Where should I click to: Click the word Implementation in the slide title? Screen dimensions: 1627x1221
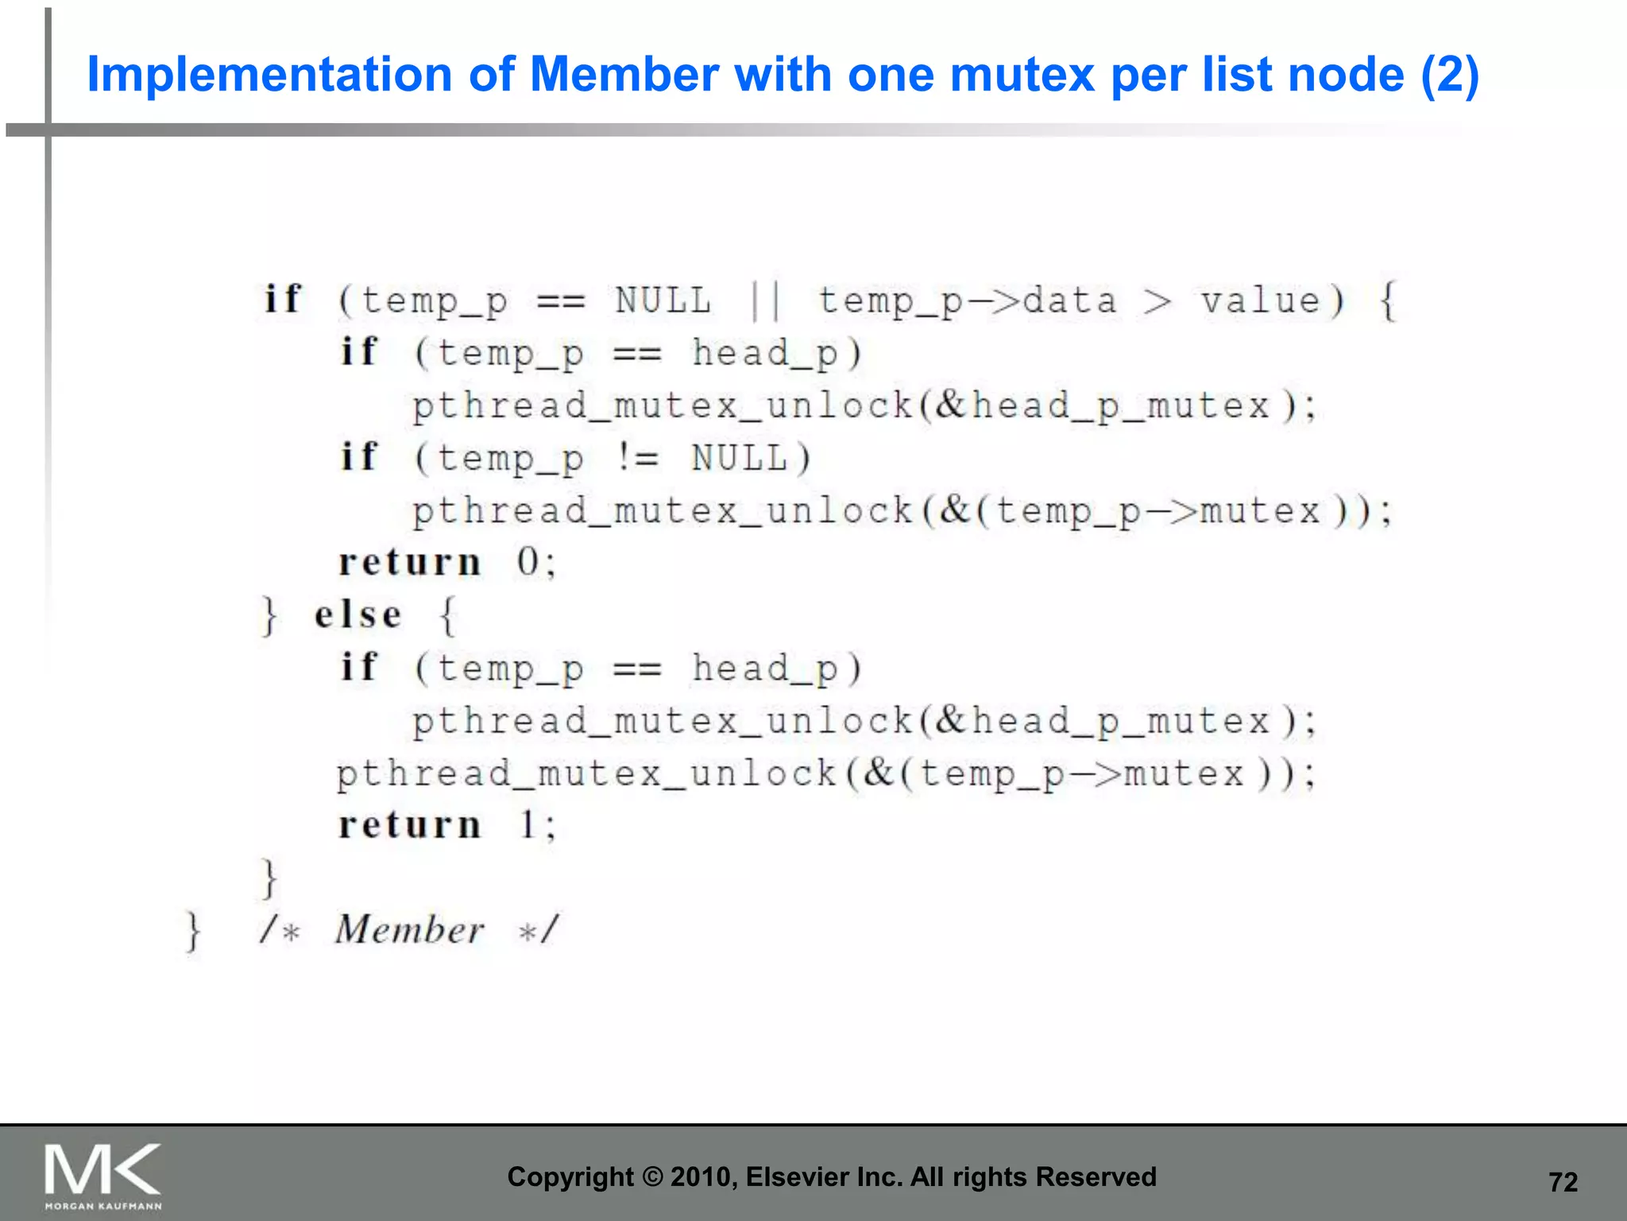tap(269, 75)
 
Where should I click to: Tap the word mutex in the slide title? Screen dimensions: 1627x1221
tap(1022, 75)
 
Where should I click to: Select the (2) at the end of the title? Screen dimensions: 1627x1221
tap(1449, 75)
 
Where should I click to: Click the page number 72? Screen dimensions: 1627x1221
tap(1563, 1182)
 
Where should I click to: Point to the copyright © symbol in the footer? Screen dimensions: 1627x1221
tap(652, 1177)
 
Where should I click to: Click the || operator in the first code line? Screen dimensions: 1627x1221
tap(766, 301)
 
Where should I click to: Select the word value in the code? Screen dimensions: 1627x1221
tap(1260, 301)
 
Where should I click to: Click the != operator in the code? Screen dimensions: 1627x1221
tap(637, 458)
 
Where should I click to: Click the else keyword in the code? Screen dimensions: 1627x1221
tap(357, 614)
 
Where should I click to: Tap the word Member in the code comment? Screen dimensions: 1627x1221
tap(409, 929)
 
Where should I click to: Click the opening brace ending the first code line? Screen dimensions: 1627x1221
tap(1387, 301)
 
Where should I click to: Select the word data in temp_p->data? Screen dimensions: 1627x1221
tap(1069, 301)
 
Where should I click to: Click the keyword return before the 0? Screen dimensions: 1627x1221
tap(410, 563)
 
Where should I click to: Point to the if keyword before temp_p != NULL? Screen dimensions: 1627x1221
tap(358, 457)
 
